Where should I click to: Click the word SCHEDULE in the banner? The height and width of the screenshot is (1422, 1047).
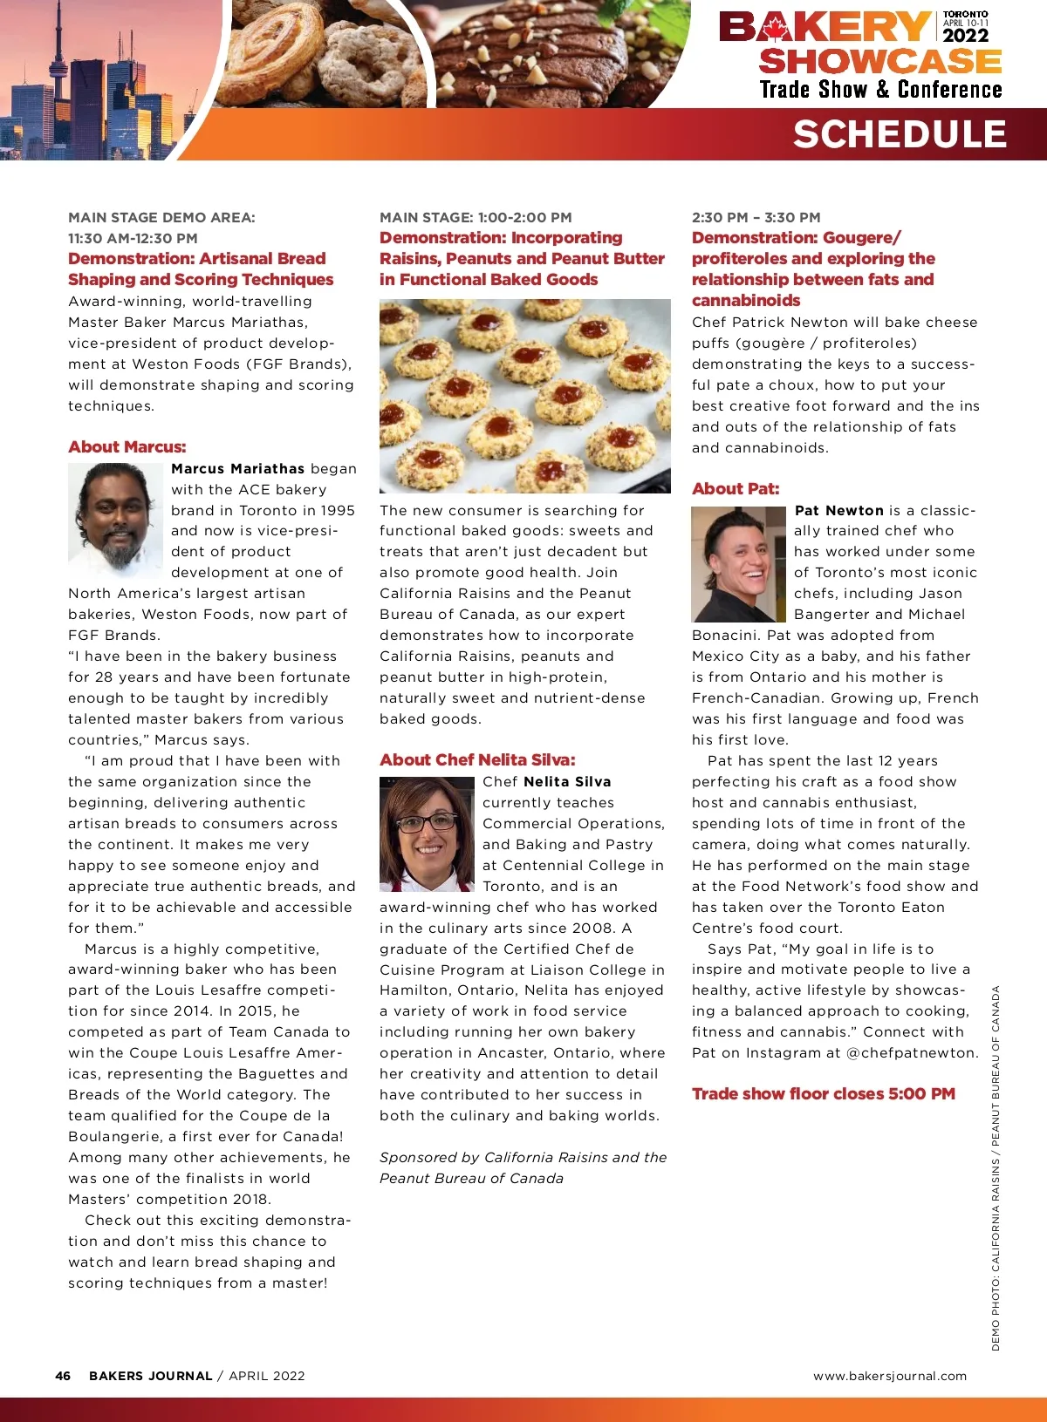click(900, 134)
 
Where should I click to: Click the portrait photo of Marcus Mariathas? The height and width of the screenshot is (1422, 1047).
click(115, 520)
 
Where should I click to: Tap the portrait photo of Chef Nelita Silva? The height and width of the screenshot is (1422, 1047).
click(426, 833)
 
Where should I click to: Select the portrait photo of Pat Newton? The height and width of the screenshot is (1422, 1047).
click(738, 563)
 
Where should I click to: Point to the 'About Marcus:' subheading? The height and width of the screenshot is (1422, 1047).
click(127, 447)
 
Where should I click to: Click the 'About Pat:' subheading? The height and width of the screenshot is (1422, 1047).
click(736, 489)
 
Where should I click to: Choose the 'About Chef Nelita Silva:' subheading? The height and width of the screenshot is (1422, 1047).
click(477, 759)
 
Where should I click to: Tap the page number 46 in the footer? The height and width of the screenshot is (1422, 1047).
click(63, 1376)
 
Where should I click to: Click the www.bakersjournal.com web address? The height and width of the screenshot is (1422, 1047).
click(890, 1376)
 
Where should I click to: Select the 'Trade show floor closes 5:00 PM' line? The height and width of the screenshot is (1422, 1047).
click(823, 1094)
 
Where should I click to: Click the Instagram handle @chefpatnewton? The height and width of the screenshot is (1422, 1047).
click(912, 1052)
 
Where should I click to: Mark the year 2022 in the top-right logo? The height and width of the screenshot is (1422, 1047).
click(965, 36)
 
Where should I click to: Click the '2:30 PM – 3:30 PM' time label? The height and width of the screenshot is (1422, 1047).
click(756, 217)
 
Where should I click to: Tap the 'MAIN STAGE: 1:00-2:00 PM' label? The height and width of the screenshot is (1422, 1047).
click(476, 217)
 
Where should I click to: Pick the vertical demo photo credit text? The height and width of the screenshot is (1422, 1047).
click(996, 1168)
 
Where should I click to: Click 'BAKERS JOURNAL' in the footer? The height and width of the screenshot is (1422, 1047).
click(150, 1376)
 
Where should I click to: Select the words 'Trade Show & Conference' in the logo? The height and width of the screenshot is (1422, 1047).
click(880, 90)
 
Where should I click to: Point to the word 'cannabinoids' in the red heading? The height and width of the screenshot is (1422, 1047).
click(746, 300)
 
